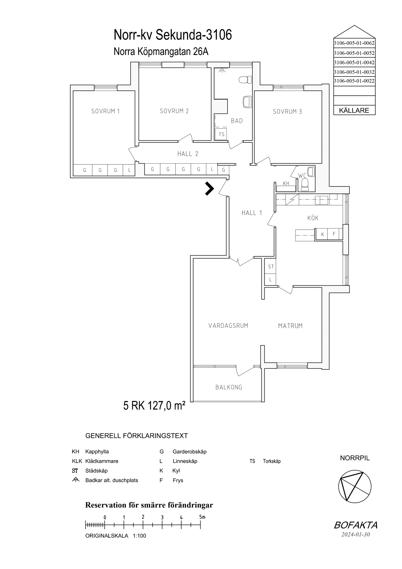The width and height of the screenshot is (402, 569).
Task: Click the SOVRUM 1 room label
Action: [106, 111]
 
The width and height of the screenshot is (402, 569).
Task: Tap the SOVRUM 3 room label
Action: [287, 112]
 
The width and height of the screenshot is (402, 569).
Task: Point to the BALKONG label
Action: [229, 387]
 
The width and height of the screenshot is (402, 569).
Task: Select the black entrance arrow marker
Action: [209, 189]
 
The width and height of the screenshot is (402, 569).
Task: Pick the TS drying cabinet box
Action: [221, 134]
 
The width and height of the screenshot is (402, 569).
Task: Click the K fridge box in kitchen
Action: [322, 234]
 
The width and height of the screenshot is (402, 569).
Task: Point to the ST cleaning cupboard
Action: [271, 267]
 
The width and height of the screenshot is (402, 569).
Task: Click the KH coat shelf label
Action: [286, 184]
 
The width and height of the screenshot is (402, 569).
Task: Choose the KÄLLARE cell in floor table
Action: [354, 110]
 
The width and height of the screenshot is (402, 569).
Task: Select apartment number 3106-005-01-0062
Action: [354, 43]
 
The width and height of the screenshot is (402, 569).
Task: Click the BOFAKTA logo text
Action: [356, 525]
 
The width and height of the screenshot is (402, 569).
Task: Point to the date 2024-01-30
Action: [356, 534]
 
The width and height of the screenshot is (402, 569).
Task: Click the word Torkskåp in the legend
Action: [272, 461]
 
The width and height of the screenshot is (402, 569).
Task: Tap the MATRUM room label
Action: [290, 326]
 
